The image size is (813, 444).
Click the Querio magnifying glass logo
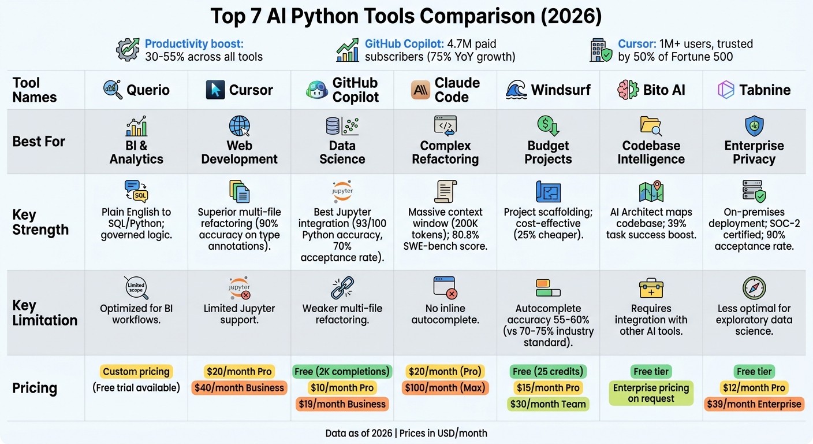[113, 90]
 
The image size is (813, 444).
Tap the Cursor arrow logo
[215, 90]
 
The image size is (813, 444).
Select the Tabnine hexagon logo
[725, 90]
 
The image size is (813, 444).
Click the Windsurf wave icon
[516, 90]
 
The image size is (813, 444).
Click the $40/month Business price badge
[239, 388]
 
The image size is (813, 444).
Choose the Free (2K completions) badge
[342, 371]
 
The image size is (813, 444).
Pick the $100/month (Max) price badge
[446, 388]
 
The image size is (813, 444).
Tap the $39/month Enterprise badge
[754, 404]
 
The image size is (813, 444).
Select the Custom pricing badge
[136, 371]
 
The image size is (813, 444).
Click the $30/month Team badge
[548, 404]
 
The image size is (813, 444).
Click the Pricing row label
[35, 388]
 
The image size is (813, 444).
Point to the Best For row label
[39, 142]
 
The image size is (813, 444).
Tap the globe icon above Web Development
[240, 125]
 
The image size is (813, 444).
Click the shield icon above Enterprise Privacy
[754, 125]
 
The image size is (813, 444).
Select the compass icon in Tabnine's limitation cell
[754, 288]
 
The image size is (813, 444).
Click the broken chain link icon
[342, 288]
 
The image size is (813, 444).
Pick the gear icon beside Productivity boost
[128, 50]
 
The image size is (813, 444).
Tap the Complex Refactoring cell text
[445, 152]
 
